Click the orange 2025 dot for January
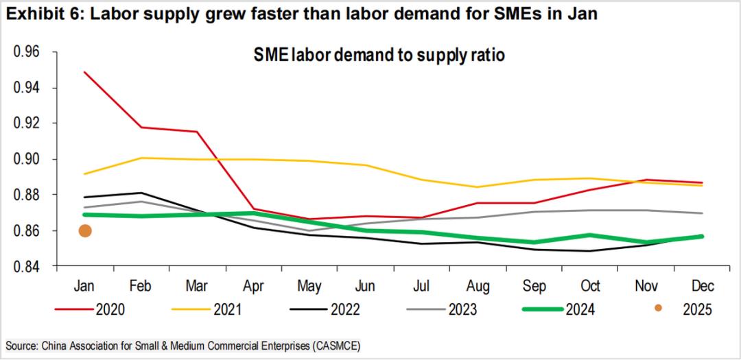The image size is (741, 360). (x=85, y=231)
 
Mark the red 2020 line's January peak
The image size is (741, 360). (x=85, y=72)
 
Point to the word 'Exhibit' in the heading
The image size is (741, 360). (x=34, y=14)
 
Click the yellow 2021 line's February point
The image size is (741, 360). (x=141, y=158)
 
